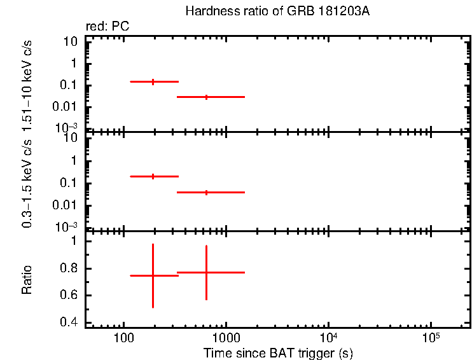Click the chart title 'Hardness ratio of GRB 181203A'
[x=277, y=12]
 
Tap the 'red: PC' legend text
[x=107, y=27]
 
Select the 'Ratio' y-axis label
[x=27, y=280]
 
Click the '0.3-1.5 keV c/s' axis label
[x=27, y=184]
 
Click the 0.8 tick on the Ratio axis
[x=68, y=268]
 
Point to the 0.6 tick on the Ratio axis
[x=68, y=296]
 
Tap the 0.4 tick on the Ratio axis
[x=68, y=323]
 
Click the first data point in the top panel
[x=153, y=81]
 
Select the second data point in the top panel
[x=206, y=97]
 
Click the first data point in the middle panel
[x=153, y=176]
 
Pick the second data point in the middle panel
[x=206, y=192]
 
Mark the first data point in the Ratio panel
[x=153, y=275]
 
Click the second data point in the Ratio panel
[x=206, y=272]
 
